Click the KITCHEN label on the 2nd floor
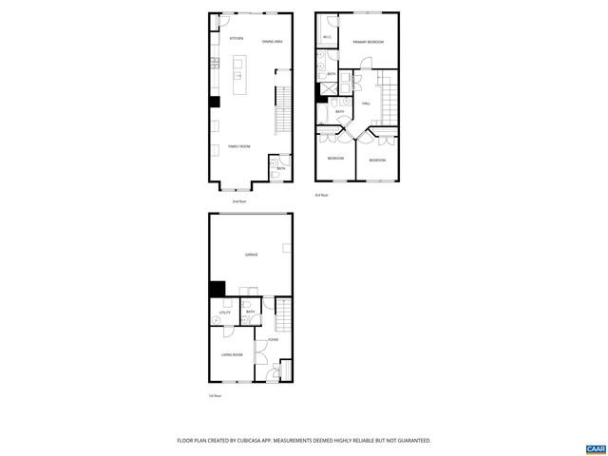(237, 39)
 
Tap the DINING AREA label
(273, 40)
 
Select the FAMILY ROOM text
(238, 146)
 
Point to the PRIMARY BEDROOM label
(368, 42)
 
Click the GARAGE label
(252, 254)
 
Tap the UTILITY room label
(225, 312)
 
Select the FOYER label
(273, 339)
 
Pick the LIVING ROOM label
(232, 355)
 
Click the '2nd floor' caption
(239, 201)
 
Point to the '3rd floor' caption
(321, 195)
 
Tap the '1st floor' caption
(215, 395)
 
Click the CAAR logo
(595, 446)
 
